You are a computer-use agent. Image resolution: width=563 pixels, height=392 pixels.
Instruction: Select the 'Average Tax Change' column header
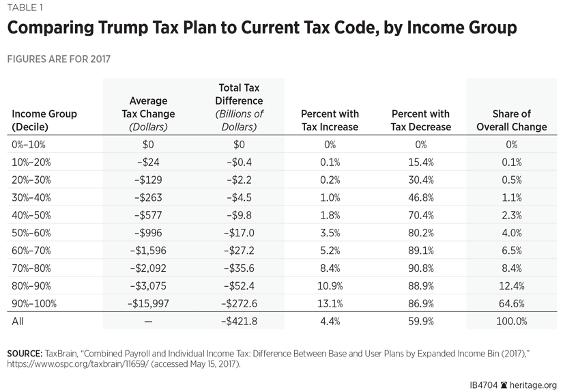point(143,114)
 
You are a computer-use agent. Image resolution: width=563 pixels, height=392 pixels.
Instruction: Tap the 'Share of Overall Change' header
point(511,120)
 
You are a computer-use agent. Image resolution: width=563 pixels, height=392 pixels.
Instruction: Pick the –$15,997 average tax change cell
point(143,304)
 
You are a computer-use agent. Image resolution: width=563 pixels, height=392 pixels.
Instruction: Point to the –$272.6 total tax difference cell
point(239,304)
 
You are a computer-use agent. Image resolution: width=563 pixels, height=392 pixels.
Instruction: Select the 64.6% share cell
point(511,304)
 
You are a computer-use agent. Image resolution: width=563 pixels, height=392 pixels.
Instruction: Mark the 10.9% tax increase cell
point(330,286)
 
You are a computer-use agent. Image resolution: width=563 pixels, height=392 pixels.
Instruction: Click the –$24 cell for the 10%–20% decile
point(143,162)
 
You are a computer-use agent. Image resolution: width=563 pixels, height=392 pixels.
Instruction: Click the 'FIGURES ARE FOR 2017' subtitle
point(59,59)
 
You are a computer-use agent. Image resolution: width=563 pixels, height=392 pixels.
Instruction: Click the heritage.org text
point(534,385)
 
